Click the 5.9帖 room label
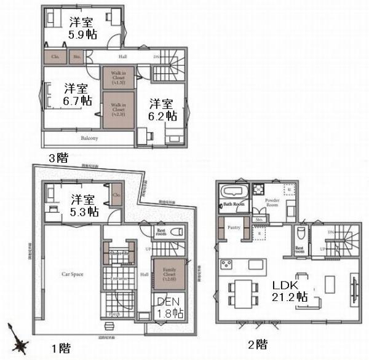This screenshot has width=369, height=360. coord(81,28)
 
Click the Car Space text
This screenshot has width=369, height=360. coord(73,274)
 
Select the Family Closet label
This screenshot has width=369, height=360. coord(169,273)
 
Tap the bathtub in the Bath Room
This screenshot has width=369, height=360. coord(232,190)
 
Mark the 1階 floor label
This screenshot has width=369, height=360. coord(60,348)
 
